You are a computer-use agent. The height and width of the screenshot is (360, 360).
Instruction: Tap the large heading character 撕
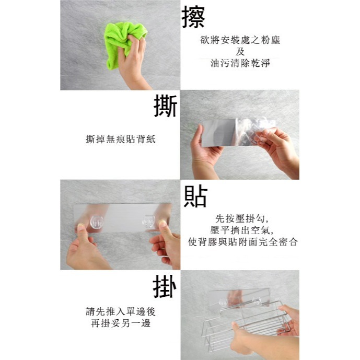point(165,106)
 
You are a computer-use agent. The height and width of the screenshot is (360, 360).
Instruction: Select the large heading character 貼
point(195,196)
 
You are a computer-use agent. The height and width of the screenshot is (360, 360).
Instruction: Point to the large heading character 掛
point(165,286)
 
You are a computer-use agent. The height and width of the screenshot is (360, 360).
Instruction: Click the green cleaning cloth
point(124,41)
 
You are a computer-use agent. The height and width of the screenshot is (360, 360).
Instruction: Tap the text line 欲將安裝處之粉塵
point(240,40)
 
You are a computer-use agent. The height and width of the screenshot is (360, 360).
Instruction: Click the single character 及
point(240,51)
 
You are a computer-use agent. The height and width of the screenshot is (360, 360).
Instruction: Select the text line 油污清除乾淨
point(240,63)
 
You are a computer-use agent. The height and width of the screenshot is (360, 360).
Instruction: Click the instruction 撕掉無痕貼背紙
point(121,139)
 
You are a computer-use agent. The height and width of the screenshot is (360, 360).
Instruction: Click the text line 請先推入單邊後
point(121,311)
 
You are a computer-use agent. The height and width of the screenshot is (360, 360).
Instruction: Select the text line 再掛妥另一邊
point(121,323)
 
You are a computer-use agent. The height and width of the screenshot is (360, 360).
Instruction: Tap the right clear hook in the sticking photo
point(149,222)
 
